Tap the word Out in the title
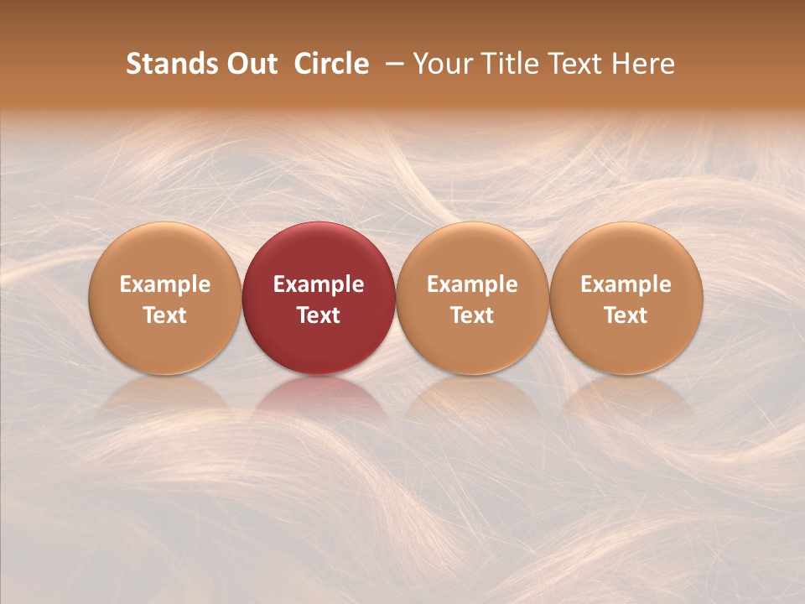click(x=251, y=64)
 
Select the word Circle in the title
click(x=331, y=64)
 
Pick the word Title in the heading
click(x=512, y=64)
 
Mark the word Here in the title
click(x=646, y=64)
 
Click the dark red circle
click(x=319, y=252)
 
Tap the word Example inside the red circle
click(x=319, y=284)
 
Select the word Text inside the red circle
click(x=319, y=315)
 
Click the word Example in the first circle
click(x=165, y=284)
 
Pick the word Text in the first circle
click(x=165, y=315)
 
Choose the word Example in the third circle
click(x=472, y=284)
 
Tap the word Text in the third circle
click(x=472, y=315)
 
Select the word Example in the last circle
click(x=626, y=284)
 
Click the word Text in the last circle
click(x=626, y=315)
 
